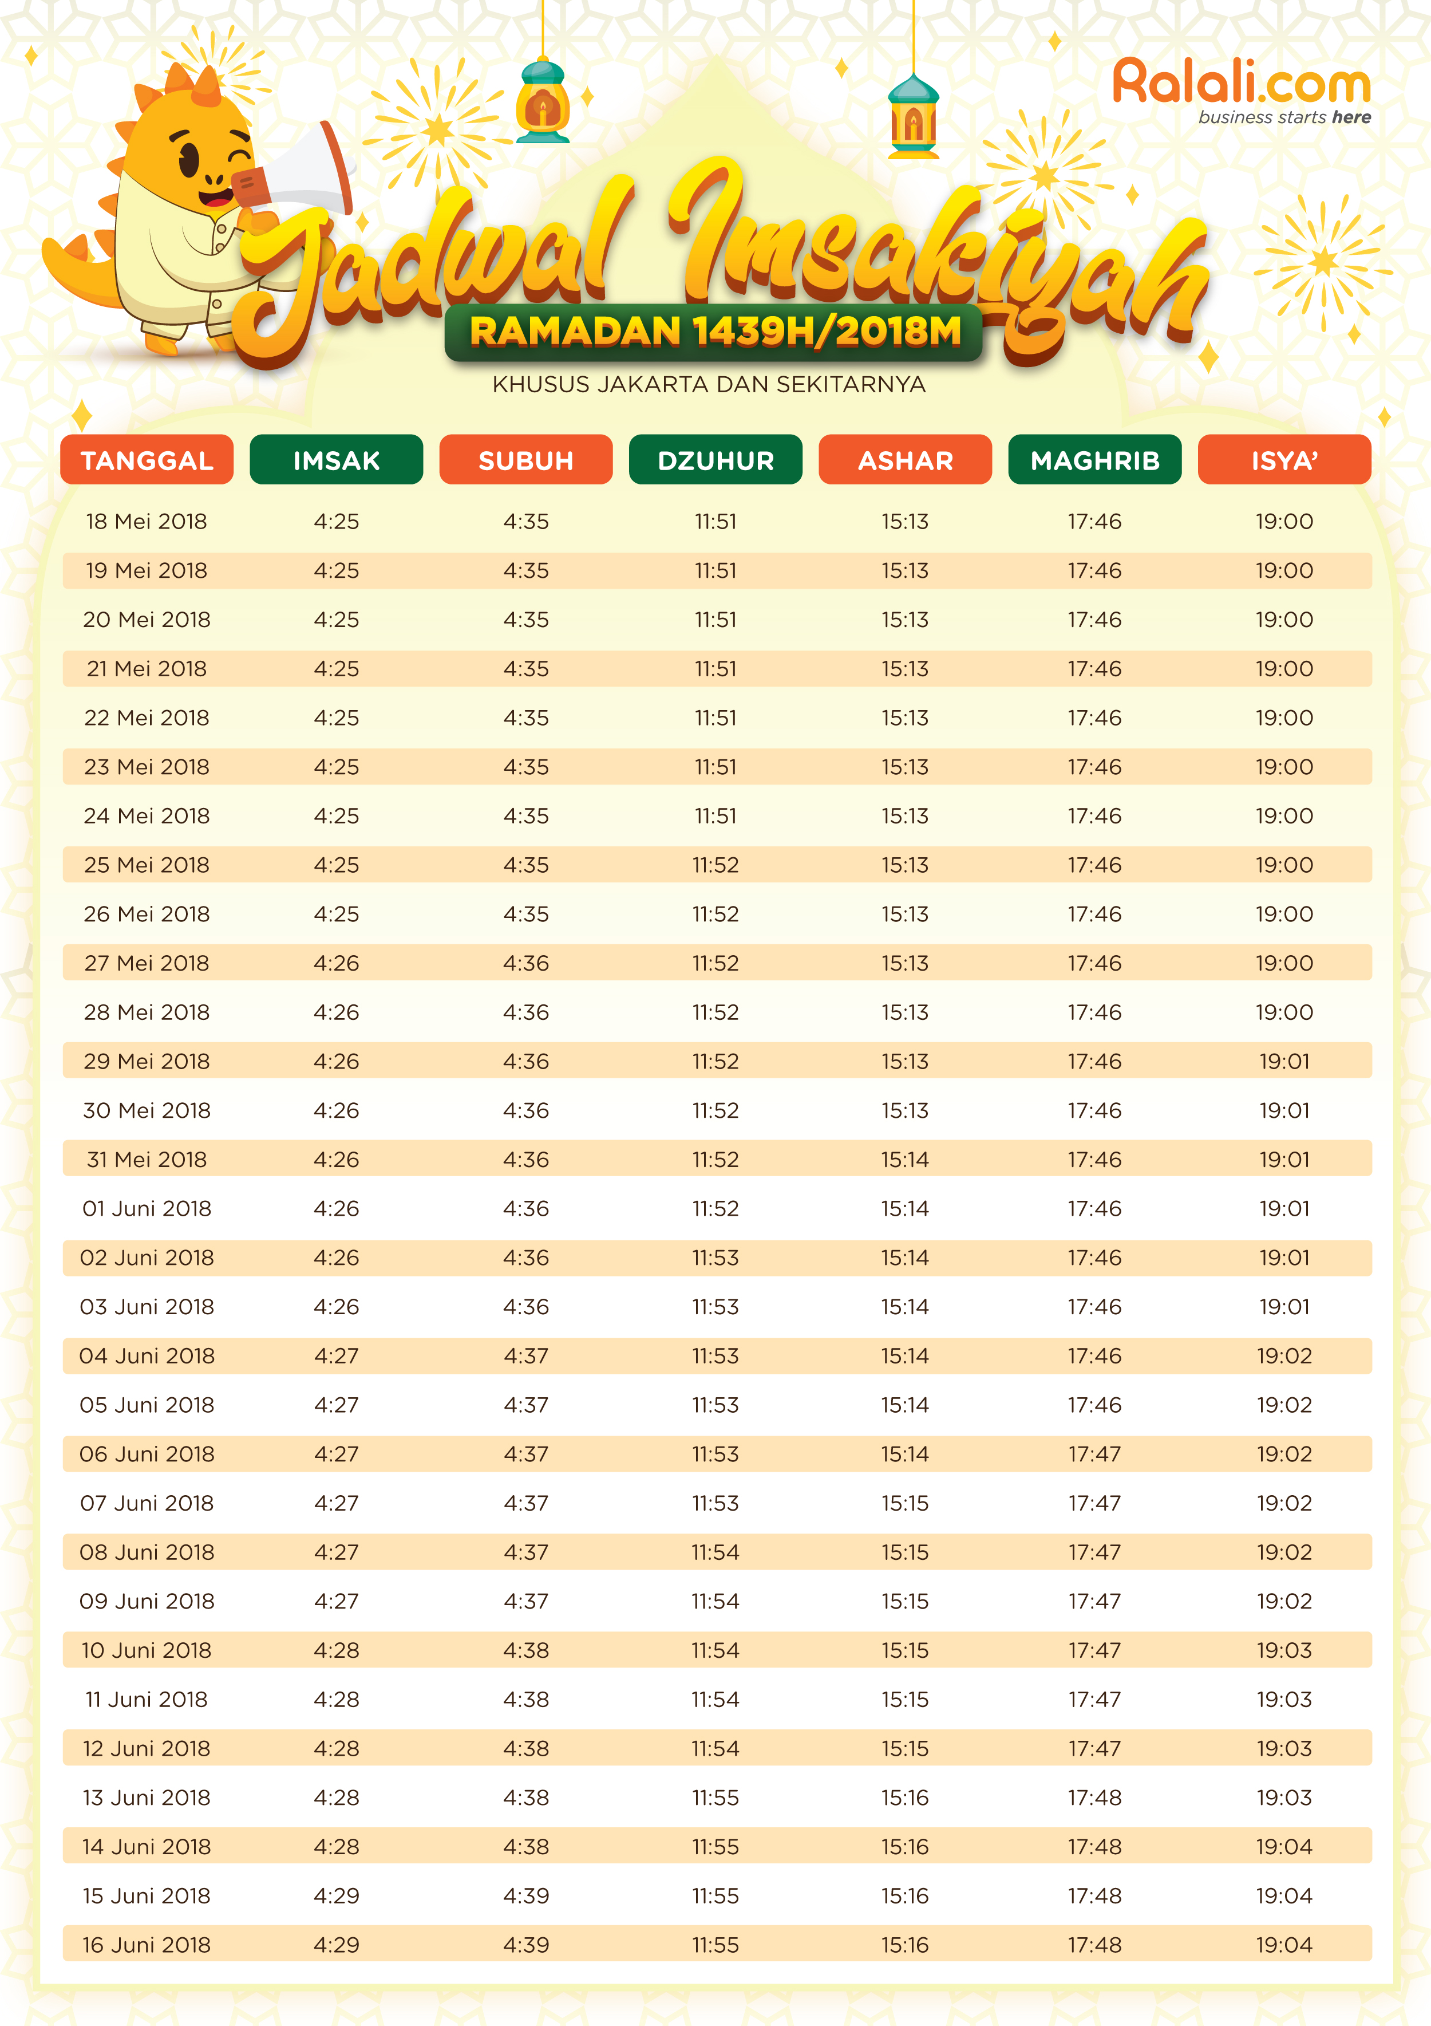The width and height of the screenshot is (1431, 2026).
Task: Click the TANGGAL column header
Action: (147, 460)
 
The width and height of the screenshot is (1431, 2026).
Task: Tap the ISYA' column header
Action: (1284, 460)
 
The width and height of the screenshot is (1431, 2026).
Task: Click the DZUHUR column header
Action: (715, 460)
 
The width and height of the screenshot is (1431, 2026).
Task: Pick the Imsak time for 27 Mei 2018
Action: (336, 963)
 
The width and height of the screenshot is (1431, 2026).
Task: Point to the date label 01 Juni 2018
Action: (147, 1208)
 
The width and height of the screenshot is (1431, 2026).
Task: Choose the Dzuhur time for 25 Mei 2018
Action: (715, 865)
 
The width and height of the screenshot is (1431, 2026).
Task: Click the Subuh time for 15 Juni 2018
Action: (526, 1895)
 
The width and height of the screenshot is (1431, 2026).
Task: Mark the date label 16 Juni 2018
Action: (147, 1945)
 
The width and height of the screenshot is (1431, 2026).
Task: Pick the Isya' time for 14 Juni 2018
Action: (1284, 1846)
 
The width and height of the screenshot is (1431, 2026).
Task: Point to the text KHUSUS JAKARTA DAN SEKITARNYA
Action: (709, 385)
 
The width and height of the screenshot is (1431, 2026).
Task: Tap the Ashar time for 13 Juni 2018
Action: (904, 1798)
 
